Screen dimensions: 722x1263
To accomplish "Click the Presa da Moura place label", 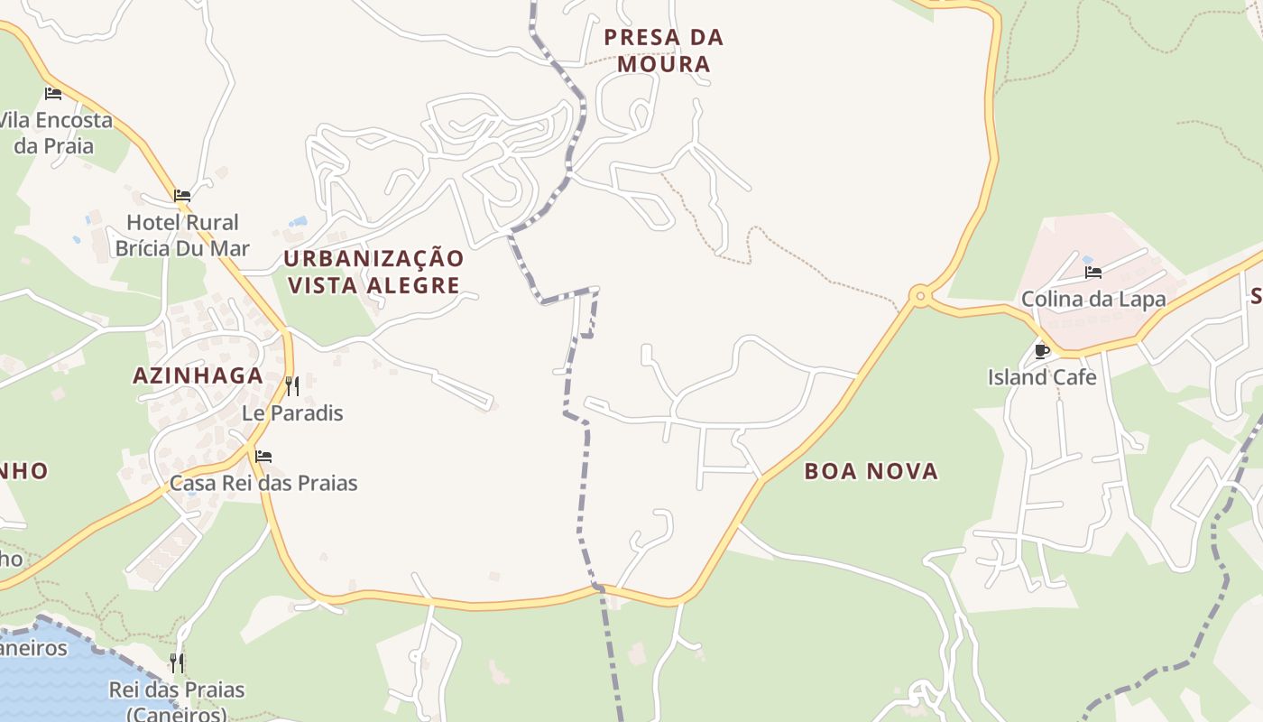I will point(664,51).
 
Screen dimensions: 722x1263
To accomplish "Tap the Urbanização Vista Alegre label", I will point(373,272).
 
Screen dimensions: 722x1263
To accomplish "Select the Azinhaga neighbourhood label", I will point(198,375).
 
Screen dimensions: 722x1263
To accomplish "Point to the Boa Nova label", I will point(871,471).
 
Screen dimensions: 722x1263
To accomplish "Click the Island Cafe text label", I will point(1042,377).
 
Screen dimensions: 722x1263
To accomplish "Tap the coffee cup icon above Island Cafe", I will point(1042,351).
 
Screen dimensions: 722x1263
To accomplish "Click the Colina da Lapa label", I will point(1093,299).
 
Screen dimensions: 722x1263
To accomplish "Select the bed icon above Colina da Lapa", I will point(1093,272).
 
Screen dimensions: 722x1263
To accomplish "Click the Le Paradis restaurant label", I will point(292,413).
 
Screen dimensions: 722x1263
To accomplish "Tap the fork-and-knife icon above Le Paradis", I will point(292,386).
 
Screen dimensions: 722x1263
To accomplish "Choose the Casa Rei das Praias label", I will point(263,483).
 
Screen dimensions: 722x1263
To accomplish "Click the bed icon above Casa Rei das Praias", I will point(263,457).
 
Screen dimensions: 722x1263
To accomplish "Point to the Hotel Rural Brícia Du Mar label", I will point(182,235).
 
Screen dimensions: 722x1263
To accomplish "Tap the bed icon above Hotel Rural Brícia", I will point(182,195).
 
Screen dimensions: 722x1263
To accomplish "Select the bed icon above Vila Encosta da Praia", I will point(53,93).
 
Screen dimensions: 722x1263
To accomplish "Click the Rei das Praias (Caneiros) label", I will point(177,701).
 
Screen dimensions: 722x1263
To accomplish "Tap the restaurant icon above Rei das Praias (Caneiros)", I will point(177,663).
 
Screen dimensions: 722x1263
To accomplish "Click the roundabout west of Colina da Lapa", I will point(920,295).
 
